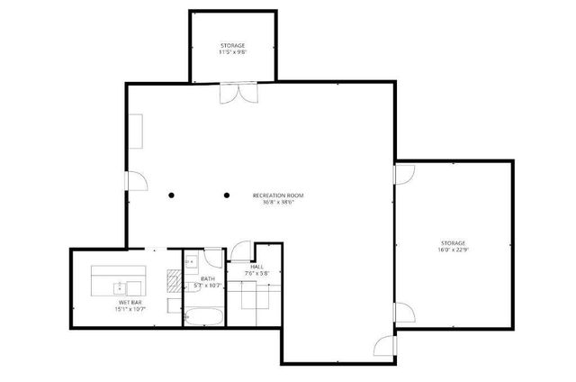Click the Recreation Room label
278,196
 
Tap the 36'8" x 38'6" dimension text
278,203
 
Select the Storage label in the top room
232,45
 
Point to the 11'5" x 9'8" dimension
232,52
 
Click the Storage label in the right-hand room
453,243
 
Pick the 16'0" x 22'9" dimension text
453,250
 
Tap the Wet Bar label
129,303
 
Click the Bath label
207,279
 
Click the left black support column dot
169,195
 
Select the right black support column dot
226,195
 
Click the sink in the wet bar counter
119,287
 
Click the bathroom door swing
211,256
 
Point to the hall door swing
239,252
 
